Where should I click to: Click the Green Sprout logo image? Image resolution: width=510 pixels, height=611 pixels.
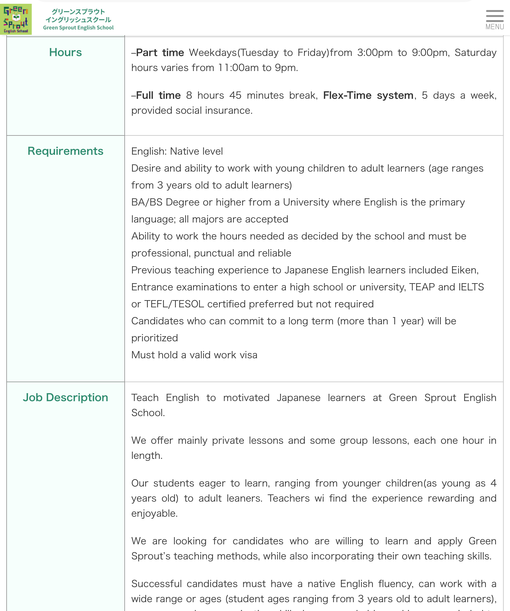(16, 19)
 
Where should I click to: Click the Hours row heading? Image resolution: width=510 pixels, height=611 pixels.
(65, 52)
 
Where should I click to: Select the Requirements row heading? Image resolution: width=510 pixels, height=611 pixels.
(65, 151)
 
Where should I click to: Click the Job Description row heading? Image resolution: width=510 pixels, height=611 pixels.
(65, 398)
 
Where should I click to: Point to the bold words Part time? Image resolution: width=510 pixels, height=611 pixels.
(160, 52)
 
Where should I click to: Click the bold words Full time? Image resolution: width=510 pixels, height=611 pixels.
(158, 95)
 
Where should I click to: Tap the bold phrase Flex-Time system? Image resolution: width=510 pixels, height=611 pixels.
(368, 95)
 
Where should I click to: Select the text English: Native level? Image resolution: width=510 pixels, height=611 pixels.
(177, 151)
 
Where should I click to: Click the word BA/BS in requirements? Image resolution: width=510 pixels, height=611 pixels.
(147, 202)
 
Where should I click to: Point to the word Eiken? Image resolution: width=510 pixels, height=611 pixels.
(465, 270)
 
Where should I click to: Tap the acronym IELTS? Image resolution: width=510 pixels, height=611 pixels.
(471, 287)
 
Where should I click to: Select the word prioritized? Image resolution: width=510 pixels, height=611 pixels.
(155, 338)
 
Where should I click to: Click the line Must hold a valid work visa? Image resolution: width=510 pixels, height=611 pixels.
(194, 355)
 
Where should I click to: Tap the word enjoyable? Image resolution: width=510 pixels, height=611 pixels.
(154, 514)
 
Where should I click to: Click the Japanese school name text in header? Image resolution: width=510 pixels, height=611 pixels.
(78, 16)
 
